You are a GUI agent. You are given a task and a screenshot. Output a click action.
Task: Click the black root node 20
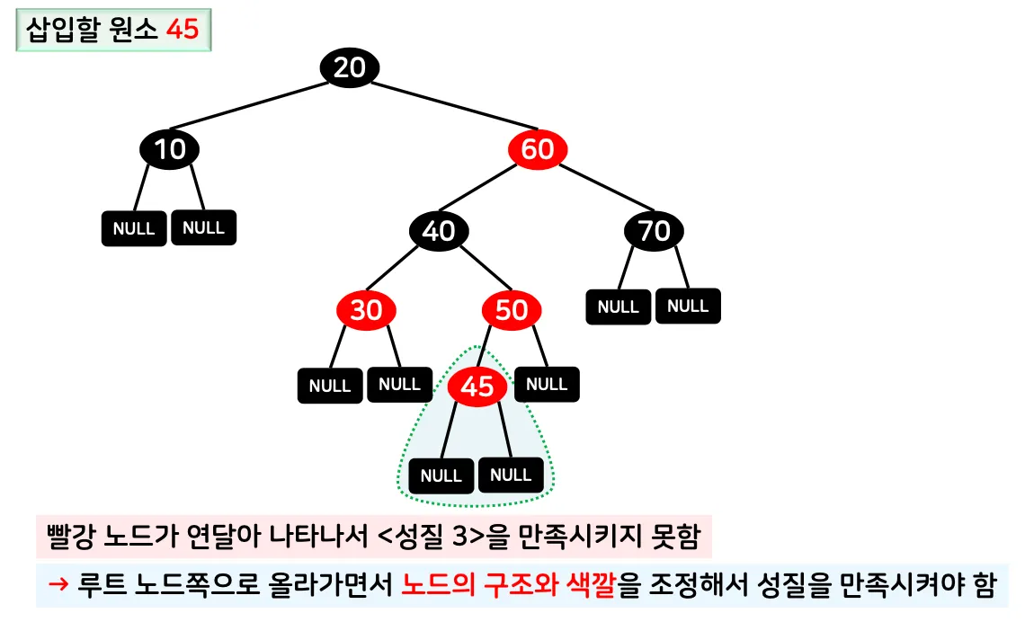coord(350,67)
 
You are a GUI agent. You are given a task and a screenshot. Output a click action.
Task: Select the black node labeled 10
coord(169,149)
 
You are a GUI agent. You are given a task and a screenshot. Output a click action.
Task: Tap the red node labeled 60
coord(537,149)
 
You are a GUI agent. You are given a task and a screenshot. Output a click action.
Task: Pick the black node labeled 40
coord(439,231)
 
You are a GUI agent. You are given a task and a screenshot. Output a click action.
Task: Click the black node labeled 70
coord(654,231)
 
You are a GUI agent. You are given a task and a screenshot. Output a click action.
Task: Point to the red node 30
coord(366,310)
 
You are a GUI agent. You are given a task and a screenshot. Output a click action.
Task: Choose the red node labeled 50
coord(512,310)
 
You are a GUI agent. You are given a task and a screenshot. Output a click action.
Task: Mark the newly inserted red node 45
coord(477,387)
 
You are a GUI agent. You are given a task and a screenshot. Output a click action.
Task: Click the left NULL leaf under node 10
coord(134,228)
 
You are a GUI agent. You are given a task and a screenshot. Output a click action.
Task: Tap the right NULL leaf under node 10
coord(203,227)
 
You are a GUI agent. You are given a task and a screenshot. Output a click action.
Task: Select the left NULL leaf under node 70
coord(619,307)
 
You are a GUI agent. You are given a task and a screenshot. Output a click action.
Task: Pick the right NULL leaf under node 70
coord(688,306)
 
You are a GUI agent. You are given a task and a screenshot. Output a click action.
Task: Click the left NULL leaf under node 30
coord(330,386)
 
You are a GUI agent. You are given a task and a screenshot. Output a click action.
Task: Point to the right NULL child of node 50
coord(547,384)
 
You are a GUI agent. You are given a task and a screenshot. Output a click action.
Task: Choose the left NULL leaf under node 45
coord(441,475)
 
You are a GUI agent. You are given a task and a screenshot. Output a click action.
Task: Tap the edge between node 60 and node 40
coord(488,190)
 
